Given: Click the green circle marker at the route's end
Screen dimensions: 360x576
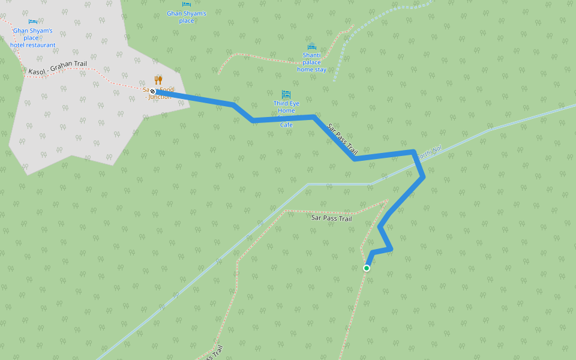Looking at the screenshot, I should pyautogui.click(x=367, y=268).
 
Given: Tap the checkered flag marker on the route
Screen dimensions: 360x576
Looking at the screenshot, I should pyautogui.click(x=153, y=91).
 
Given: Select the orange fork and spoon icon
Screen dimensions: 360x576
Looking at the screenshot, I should pyautogui.click(x=158, y=80).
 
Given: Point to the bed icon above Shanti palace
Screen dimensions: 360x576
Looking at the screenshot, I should pyautogui.click(x=311, y=47).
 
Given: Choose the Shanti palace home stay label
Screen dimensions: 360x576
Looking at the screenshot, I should pyautogui.click(x=311, y=62).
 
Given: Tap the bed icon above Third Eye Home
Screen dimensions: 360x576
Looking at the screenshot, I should pyautogui.click(x=286, y=94).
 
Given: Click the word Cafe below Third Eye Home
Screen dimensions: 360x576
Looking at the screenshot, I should pyautogui.click(x=286, y=125).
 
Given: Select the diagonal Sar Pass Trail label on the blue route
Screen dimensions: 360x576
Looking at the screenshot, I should pyautogui.click(x=342, y=140).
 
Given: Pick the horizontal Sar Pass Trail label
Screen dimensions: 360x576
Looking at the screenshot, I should pyautogui.click(x=331, y=218).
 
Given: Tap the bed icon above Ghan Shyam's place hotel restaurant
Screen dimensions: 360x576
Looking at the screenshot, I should pyautogui.click(x=32, y=22).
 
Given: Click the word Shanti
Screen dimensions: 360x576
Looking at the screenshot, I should pyautogui.click(x=312, y=55).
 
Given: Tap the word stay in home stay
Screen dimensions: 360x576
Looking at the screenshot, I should pyautogui.click(x=320, y=70).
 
